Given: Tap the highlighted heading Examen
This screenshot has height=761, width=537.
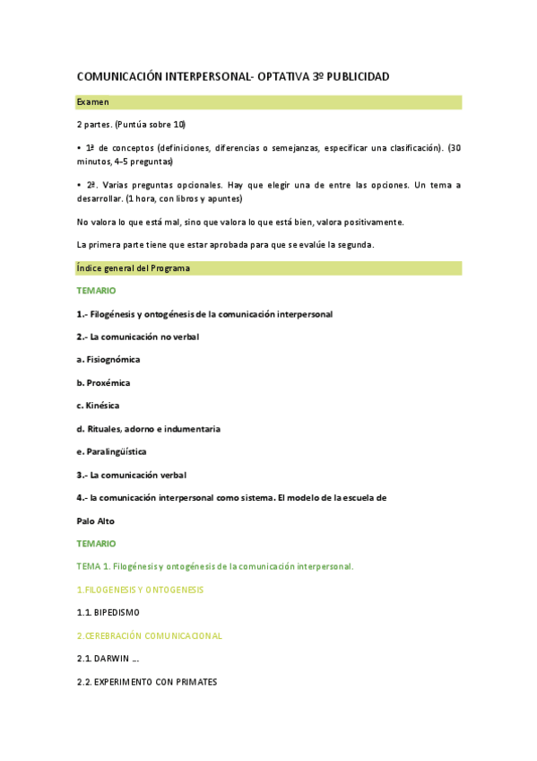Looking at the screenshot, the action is (93, 102).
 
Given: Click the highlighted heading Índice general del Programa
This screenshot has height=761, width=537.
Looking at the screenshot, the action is (134, 268).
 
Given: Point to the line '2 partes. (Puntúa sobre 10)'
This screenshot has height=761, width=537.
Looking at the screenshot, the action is (132, 124).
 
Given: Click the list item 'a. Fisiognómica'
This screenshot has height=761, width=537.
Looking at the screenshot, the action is (108, 360).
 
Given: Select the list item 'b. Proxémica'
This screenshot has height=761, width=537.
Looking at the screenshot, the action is (103, 382).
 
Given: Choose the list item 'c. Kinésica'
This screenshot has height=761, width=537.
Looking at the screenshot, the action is (99, 406).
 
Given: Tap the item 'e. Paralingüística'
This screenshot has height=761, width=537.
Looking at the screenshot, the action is (112, 451).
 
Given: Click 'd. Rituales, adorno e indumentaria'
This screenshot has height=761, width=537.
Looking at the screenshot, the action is (149, 429).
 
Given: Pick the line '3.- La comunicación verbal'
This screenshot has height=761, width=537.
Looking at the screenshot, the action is (132, 475).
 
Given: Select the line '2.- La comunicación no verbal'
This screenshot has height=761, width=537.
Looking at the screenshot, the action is (138, 337).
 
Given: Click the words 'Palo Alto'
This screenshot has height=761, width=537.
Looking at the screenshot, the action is (96, 521).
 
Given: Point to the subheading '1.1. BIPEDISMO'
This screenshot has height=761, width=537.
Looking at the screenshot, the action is (108, 613).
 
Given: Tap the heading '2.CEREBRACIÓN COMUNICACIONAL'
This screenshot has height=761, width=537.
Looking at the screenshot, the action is (150, 635).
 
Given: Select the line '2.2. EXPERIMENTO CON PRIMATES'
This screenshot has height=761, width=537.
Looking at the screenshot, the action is (148, 682).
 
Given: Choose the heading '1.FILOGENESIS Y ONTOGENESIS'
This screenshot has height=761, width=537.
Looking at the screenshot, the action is (141, 590).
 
